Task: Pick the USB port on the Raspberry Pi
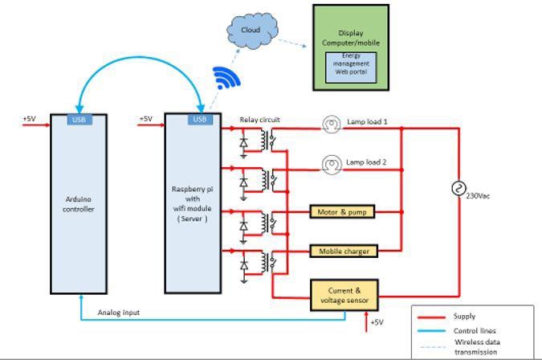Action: (x=200, y=120)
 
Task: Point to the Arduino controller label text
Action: (x=79, y=205)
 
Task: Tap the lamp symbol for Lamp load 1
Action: (x=331, y=123)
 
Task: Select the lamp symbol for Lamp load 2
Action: (x=331, y=164)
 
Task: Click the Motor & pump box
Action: (x=343, y=211)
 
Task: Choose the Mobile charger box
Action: (x=343, y=252)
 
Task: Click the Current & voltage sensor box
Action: (x=344, y=295)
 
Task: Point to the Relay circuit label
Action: (x=259, y=120)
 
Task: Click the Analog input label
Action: (x=118, y=313)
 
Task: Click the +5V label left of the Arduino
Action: (x=29, y=119)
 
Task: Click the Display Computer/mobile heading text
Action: (x=350, y=38)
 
